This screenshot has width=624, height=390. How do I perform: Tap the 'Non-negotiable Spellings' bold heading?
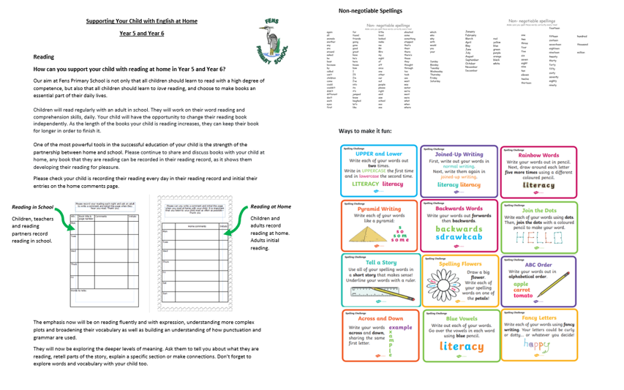coord(370,11)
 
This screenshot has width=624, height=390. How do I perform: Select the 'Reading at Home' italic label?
coord(270,207)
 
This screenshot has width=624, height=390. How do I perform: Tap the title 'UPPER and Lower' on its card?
coord(378,154)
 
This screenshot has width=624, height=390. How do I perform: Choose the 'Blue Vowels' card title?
coord(459,318)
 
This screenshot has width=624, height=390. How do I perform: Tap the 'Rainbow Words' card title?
coord(538,155)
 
